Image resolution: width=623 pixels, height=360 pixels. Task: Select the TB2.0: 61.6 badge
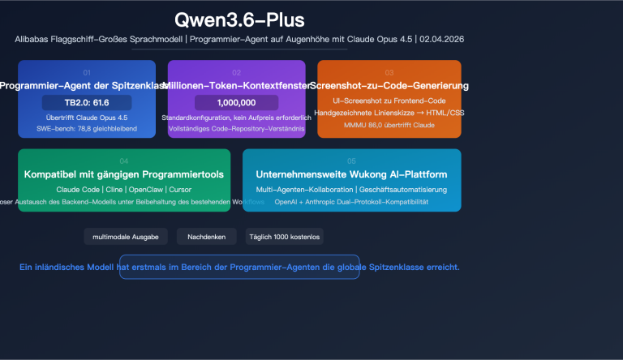[x=87, y=102]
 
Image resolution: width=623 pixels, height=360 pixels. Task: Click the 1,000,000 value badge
[x=237, y=102]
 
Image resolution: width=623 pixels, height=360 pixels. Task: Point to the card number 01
[x=87, y=72]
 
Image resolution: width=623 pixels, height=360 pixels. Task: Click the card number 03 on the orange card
[x=389, y=72]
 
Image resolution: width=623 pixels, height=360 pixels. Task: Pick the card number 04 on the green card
[x=124, y=161]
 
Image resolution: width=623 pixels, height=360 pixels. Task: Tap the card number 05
[x=351, y=161]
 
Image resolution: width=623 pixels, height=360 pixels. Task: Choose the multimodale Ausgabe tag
[x=126, y=237]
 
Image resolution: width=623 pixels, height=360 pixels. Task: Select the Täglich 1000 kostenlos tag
[x=284, y=237]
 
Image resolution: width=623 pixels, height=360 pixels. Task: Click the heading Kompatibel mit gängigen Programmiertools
[x=124, y=174]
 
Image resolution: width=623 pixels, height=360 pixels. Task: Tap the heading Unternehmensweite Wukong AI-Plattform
[x=351, y=174]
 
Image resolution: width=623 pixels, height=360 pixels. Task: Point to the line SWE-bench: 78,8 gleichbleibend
[x=87, y=129]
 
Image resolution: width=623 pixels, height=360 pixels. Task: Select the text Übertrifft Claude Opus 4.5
[x=87, y=118]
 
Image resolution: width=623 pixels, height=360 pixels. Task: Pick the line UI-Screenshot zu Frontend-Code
[x=389, y=100]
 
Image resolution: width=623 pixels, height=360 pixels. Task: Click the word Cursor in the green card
[x=180, y=189]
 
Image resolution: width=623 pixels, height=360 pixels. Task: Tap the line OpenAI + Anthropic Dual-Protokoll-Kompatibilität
[x=351, y=201]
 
